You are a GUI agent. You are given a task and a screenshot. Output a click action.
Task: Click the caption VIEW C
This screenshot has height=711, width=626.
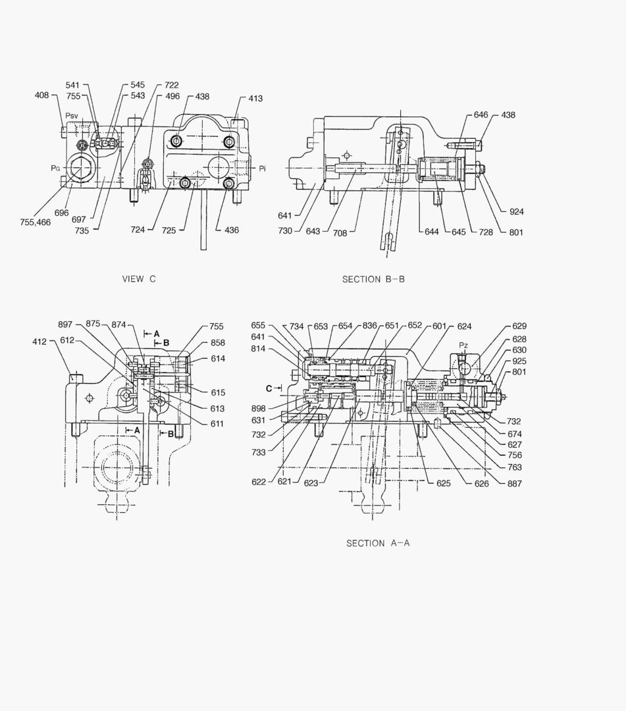coord(139,279)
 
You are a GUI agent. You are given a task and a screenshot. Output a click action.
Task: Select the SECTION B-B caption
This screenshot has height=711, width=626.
coord(373,279)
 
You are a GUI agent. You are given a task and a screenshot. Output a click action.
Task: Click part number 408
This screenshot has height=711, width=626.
coord(42,95)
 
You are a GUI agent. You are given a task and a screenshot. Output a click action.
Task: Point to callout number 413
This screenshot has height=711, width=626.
coord(255,99)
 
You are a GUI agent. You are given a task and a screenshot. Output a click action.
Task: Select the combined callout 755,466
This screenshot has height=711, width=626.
coord(35,223)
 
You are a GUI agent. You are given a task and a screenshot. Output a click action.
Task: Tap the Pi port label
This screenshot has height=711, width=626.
coord(262,169)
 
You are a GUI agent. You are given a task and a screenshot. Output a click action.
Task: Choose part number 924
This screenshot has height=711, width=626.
coord(517,212)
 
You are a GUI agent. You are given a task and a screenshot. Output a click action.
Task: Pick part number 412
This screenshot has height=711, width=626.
coord(39,342)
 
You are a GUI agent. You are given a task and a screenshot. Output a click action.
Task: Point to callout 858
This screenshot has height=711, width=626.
coord(217,343)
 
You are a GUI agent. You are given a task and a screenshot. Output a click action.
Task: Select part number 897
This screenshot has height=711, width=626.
coord(65,324)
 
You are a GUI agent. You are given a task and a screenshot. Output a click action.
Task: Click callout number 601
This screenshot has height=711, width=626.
coord(440,326)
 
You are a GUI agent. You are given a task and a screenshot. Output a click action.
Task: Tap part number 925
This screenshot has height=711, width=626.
coord(519,361)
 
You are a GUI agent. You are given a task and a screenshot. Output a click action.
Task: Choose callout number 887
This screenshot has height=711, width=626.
coord(515,484)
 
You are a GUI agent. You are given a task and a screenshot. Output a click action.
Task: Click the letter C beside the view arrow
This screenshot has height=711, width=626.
coord(269,388)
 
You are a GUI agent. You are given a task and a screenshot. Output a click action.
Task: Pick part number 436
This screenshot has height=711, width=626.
coord(231,230)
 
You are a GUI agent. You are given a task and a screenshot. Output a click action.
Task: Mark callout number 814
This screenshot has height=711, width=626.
coord(258,349)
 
